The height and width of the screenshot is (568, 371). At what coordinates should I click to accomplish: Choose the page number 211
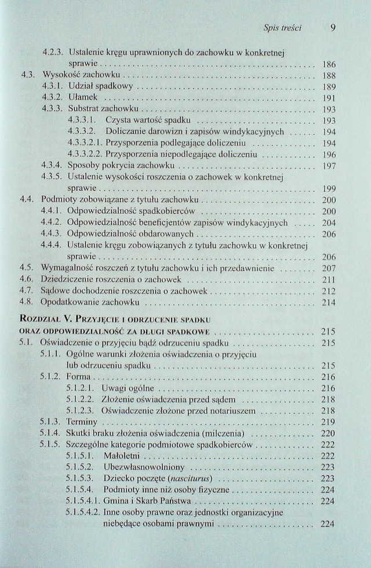point(329,280)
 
